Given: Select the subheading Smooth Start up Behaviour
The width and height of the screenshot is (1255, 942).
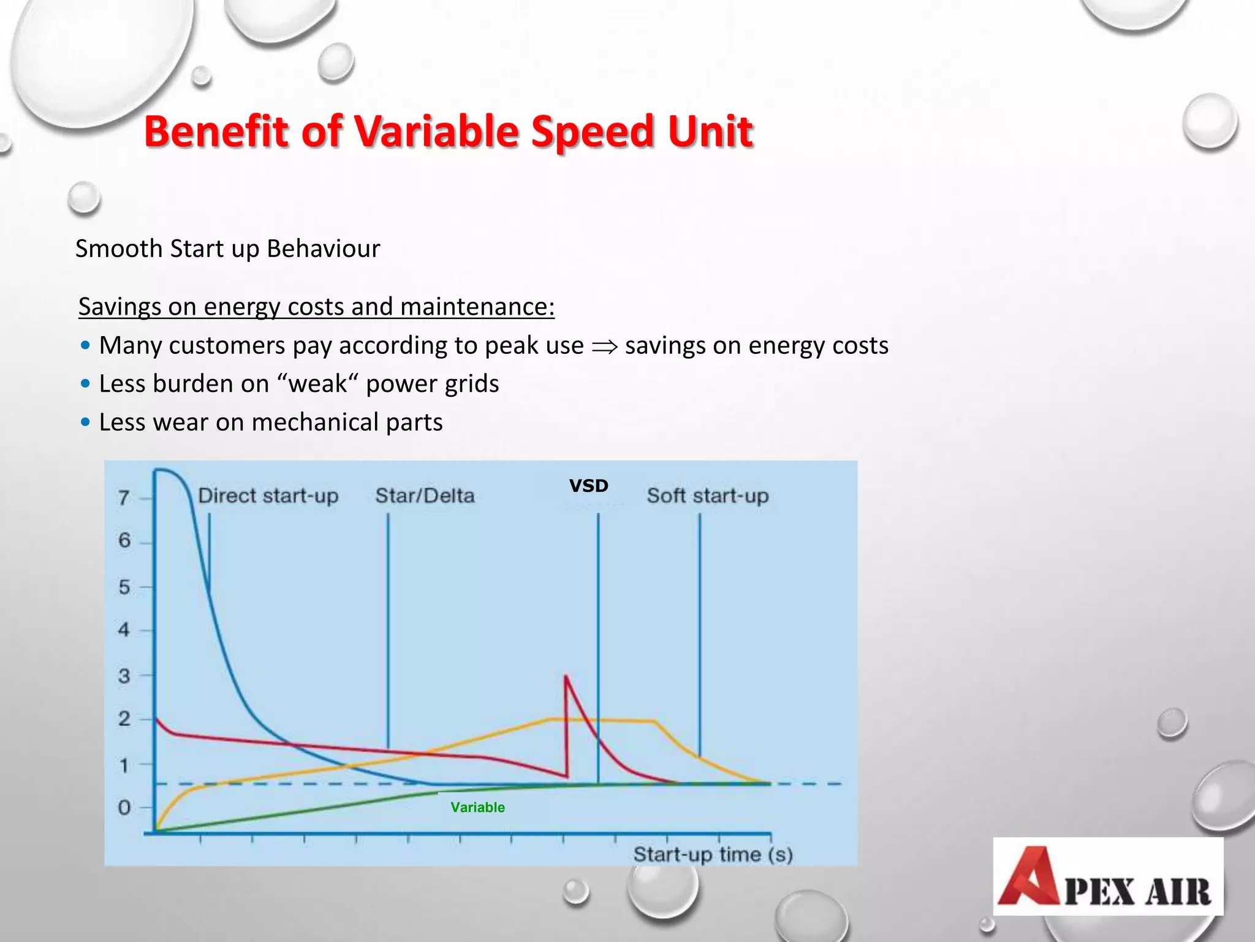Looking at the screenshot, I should point(227,249).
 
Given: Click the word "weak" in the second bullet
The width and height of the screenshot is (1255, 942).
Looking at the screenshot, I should point(317,384).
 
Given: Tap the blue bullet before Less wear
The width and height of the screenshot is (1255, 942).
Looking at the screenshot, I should point(86,423).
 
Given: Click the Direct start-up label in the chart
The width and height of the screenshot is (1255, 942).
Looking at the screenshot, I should point(268,496).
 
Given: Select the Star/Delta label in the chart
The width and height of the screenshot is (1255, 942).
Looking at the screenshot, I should point(425,496).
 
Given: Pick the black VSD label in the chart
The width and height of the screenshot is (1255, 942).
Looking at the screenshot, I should point(588,486).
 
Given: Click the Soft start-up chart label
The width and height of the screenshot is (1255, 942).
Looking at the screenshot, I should point(708,496).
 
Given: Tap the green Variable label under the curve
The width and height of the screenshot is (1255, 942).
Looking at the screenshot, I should point(477,807).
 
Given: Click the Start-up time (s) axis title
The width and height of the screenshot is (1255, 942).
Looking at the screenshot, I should point(713,854).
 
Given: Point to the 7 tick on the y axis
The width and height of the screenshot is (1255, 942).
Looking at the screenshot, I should point(124,497).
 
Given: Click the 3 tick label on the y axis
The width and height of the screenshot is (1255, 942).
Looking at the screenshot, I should point(124,676).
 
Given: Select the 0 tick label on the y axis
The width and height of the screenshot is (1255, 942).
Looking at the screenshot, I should point(124,807).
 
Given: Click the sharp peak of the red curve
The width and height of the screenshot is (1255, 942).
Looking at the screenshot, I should point(566,676).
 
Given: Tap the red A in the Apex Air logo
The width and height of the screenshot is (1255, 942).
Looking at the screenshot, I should point(1028,877).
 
